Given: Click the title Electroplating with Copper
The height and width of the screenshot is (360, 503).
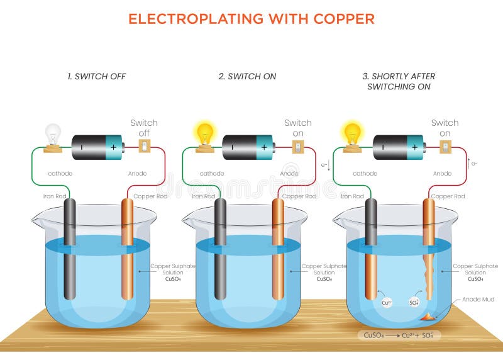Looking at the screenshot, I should pos(251,19).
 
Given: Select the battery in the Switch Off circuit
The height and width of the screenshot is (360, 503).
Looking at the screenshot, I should pos(97,147).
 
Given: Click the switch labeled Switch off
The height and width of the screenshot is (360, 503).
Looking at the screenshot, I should pos(144,146).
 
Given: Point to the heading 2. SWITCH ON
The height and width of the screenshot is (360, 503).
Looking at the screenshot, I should pos(247,76).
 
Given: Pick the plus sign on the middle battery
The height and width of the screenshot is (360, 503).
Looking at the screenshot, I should pos(264,147).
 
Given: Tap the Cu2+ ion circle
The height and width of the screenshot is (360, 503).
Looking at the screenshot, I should pos(387,303).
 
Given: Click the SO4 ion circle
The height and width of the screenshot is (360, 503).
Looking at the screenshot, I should pos(415,303).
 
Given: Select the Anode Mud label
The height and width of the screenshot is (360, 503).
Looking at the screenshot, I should pos(475,300).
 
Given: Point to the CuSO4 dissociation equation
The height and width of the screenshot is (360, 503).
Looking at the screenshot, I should pos(399,335).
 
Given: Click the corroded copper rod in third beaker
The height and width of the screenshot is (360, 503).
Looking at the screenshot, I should pos(429,252).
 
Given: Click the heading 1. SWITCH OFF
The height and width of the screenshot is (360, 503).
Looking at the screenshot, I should pos(97,76).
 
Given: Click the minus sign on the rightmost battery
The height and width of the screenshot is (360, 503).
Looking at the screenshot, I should pos(385,147).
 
